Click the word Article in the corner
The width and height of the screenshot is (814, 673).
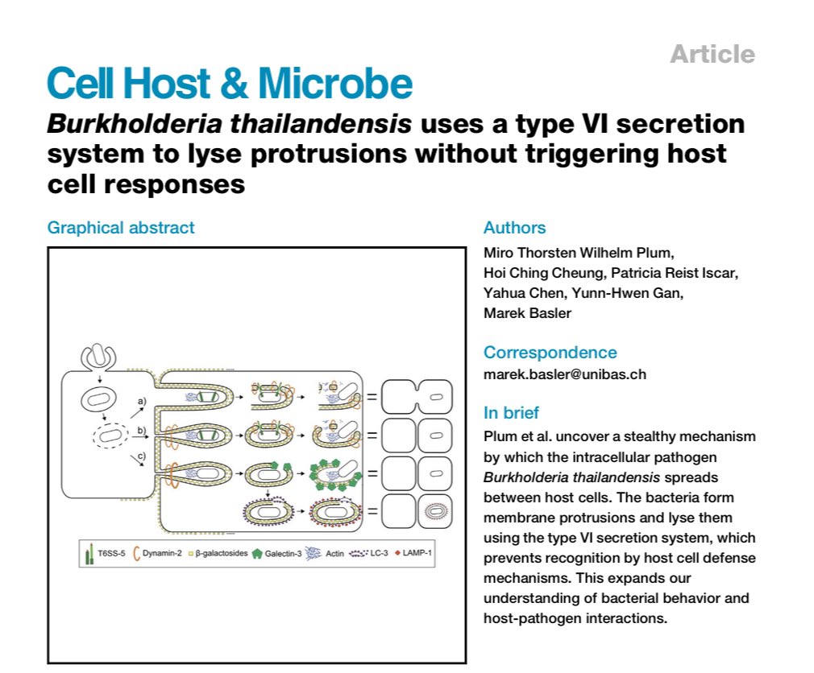click(x=712, y=54)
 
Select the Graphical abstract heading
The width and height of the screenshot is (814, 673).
click(x=121, y=228)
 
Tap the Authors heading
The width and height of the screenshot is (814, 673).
click(x=514, y=228)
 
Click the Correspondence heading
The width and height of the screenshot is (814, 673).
click(x=550, y=353)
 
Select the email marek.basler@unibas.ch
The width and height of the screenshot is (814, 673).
click(x=564, y=374)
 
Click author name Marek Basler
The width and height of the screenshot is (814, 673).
click(x=527, y=313)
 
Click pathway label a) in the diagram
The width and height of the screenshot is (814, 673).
click(x=140, y=399)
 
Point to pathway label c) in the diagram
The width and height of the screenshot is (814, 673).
click(x=140, y=459)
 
